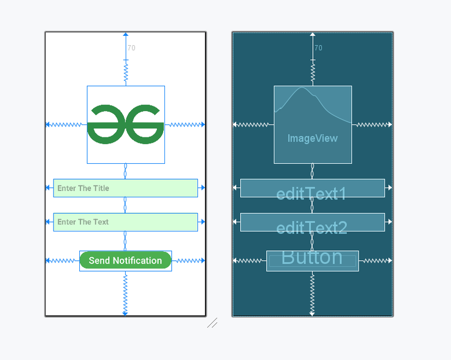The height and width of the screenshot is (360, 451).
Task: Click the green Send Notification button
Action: (x=125, y=261)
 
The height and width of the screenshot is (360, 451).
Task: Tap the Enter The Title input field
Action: (x=125, y=188)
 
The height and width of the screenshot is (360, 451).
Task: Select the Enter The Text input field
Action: (x=125, y=222)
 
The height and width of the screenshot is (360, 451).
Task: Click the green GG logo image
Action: (x=126, y=124)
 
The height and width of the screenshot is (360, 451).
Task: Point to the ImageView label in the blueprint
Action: (x=312, y=139)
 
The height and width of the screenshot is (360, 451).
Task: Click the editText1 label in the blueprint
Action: (x=311, y=194)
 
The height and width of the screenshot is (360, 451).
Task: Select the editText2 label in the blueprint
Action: (x=311, y=227)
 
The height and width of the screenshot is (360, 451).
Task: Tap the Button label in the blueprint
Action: (x=312, y=257)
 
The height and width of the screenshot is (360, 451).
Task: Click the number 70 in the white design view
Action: (x=132, y=48)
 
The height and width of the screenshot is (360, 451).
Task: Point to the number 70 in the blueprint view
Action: (x=318, y=48)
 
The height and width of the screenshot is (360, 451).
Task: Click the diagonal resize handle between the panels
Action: (x=213, y=322)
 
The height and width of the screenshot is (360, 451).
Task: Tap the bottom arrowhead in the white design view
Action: (x=125, y=314)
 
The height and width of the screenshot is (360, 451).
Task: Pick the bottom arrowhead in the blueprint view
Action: (x=312, y=314)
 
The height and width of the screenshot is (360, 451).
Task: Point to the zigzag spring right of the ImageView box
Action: (x=370, y=125)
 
